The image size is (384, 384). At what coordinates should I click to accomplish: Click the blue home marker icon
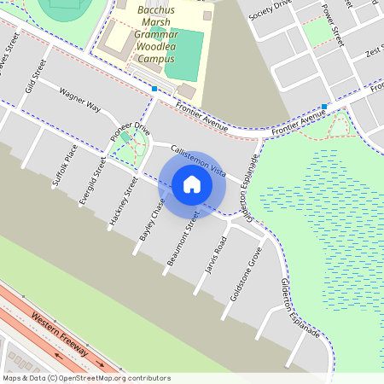(x=192, y=183)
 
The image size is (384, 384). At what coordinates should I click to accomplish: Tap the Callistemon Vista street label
(x=197, y=160)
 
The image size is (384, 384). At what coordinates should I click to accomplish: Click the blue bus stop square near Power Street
(x=324, y=107)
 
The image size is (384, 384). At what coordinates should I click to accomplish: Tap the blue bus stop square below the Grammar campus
(x=154, y=89)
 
